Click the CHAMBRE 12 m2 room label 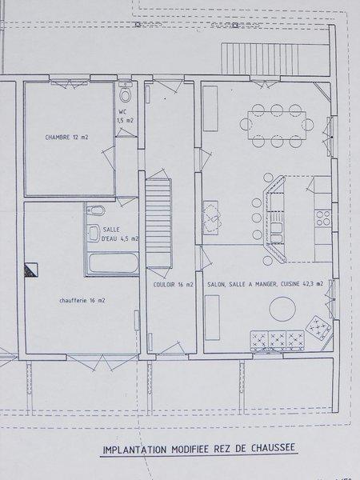tap(66, 137)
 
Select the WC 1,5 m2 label tap(126, 116)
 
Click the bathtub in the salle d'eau tap(114, 262)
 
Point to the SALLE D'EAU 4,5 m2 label tap(120, 234)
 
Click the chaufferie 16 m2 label tap(82, 301)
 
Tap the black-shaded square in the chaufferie tap(31, 270)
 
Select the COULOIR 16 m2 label tap(174, 285)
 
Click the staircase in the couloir tap(158, 223)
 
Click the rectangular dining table tap(277, 126)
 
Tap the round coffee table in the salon tap(282, 309)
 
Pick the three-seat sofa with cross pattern tap(278, 341)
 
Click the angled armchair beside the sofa tap(318, 328)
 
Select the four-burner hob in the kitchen tap(323, 218)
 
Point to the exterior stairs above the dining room tap(260, 59)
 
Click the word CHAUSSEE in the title tap(273, 448)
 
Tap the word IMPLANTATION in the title tap(135, 450)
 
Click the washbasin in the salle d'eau tap(94, 234)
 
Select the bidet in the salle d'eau tap(96, 210)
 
